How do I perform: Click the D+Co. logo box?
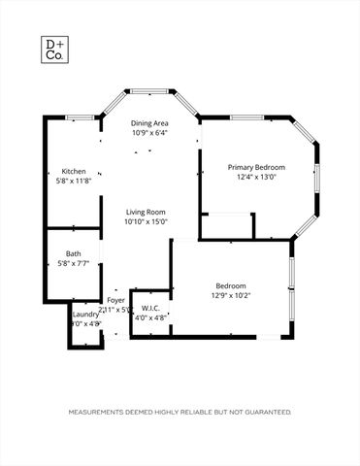pyautogui.click(x=53, y=50)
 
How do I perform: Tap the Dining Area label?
pyautogui.click(x=149, y=123)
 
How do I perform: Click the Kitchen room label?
pyautogui.click(x=74, y=171)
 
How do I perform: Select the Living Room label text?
pyautogui.click(x=146, y=212)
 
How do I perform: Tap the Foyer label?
pyautogui.click(x=115, y=300)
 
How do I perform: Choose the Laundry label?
pyautogui.click(x=85, y=314)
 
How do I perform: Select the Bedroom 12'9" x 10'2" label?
pyautogui.click(x=230, y=285)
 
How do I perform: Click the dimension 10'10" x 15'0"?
pyautogui.click(x=146, y=221)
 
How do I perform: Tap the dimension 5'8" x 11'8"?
pyautogui.click(x=74, y=181)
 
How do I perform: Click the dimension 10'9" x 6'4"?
pyautogui.click(x=149, y=133)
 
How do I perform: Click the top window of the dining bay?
pyautogui.click(x=149, y=91)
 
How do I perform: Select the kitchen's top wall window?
pyautogui.click(x=81, y=117)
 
